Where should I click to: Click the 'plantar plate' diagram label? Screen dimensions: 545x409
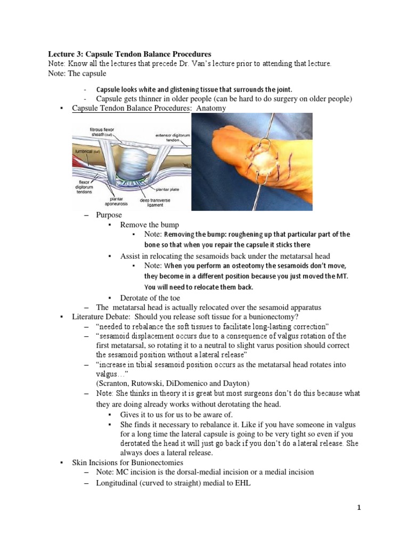[168, 189]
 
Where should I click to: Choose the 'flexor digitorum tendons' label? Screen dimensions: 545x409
[85, 187]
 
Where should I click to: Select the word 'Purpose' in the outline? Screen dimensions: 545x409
[109, 215]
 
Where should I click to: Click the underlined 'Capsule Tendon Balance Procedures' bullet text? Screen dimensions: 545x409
[131, 108]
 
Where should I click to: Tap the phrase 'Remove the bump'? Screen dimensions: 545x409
[150, 225]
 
